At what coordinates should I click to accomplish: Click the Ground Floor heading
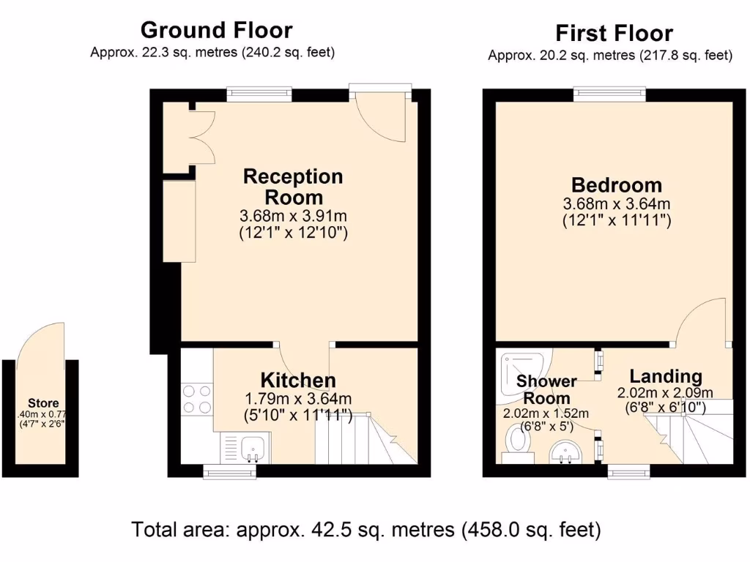216,30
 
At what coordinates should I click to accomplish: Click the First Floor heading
614,33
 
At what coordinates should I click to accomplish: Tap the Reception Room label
293,187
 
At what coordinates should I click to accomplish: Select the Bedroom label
617,185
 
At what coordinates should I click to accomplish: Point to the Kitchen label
298,381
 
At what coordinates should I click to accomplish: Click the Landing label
666,376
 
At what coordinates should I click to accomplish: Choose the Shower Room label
546,390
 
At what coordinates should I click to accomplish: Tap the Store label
43,403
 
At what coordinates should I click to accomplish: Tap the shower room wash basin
565,451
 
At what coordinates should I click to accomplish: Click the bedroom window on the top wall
609,94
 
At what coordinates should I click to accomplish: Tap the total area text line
366,529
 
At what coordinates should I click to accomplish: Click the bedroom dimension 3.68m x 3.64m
617,203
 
